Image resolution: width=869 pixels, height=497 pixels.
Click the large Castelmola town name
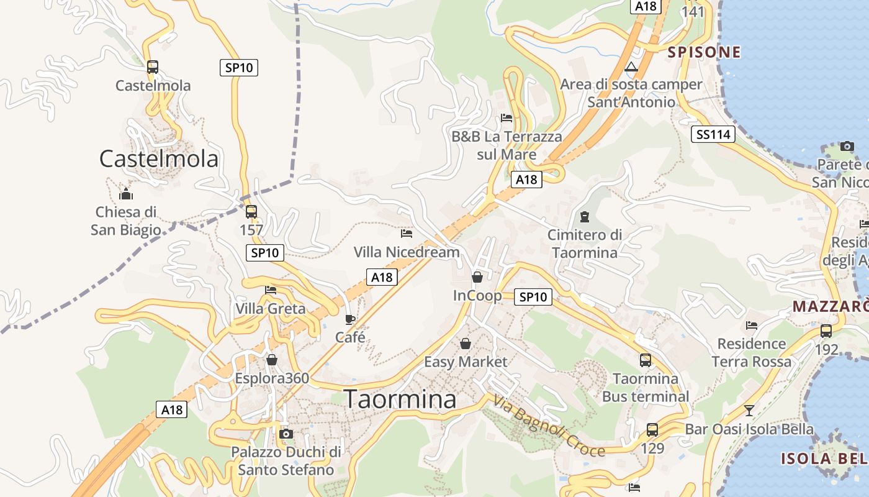point(159,159)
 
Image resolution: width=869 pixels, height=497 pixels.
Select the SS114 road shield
point(713,134)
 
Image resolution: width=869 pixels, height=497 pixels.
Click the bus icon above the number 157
point(251,212)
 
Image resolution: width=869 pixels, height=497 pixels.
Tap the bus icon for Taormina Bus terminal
point(646,360)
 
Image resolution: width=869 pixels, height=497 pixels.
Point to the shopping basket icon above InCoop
point(477,277)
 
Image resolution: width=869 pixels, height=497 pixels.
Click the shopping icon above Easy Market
point(465,344)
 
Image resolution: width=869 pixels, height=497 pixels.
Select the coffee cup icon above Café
point(350,320)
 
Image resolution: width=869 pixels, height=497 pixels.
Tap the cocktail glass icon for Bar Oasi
point(749,410)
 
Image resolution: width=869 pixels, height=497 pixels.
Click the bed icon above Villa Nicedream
point(407,234)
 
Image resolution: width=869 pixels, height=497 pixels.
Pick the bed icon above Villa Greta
point(271,290)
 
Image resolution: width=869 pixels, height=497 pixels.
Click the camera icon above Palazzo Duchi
point(286,434)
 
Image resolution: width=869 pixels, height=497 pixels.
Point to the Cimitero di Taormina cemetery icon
point(584,217)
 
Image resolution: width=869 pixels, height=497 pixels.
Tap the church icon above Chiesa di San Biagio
point(126,194)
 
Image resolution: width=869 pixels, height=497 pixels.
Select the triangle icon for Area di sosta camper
point(631,67)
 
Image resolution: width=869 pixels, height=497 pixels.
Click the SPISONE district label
point(705,52)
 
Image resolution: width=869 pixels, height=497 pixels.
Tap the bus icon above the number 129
point(652,429)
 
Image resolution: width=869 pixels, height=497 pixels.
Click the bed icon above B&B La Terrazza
point(507,118)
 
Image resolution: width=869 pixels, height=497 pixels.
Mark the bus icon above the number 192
point(826,331)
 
